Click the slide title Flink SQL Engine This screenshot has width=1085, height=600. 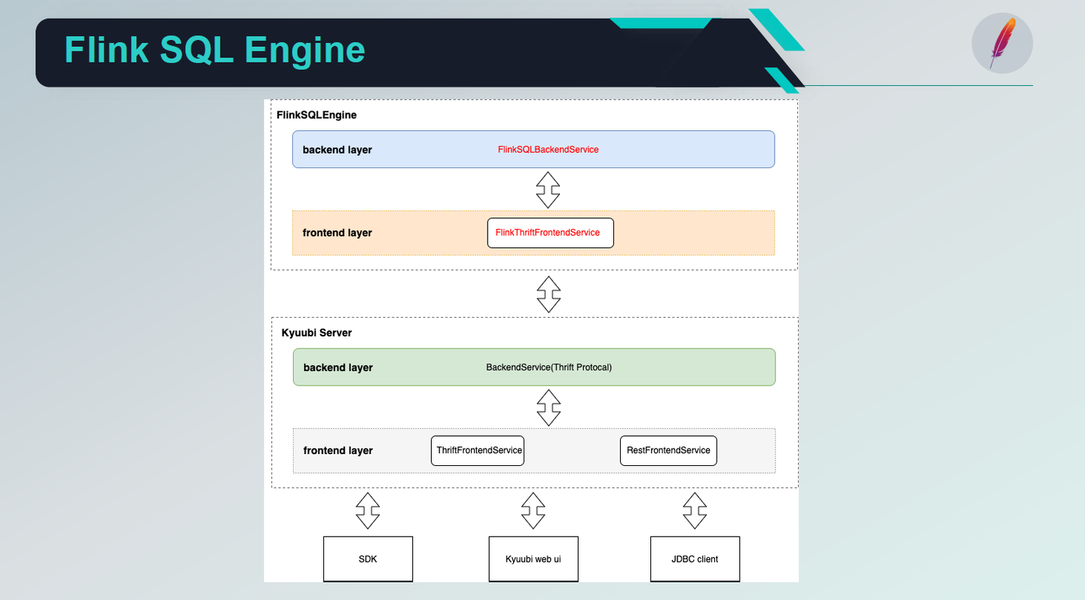pyautogui.click(x=215, y=50)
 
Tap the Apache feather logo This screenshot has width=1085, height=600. pyautogui.click(x=1002, y=43)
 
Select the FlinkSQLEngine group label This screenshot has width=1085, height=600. pyautogui.click(x=316, y=115)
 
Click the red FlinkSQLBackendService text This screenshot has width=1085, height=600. pyautogui.click(x=548, y=150)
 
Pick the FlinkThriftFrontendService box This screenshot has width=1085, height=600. pyautogui.click(x=550, y=233)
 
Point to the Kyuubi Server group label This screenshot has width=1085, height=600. pyautogui.click(x=316, y=333)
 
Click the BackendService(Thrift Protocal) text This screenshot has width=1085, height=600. pyautogui.click(x=549, y=367)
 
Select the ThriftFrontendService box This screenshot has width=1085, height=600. pyautogui.click(x=478, y=450)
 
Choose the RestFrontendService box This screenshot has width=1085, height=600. pyautogui.click(x=668, y=450)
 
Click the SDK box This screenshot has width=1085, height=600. pyautogui.click(x=368, y=559)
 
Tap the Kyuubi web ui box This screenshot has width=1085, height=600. pyautogui.click(x=533, y=559)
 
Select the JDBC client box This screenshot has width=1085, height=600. pyautogui.click(x=695, y=559)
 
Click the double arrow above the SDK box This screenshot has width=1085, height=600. pyautogui.click(x=368, y=511)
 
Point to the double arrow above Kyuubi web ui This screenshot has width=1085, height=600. pyautogui.click(x=533, y=511)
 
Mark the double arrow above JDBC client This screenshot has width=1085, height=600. pyautogui.click(x=695, y=511)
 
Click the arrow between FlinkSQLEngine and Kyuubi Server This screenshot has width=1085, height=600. pyautogui.click(x=549, y=294)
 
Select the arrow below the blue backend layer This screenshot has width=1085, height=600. pyautogui.click(x=548, y=190)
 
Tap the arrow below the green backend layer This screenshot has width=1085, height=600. pyautogui.click(x=549, y=407)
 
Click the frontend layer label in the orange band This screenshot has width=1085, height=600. pyautogui.click(x=338, y=233)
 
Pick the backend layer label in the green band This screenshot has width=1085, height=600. pyautogui.click(x=338, y=367)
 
